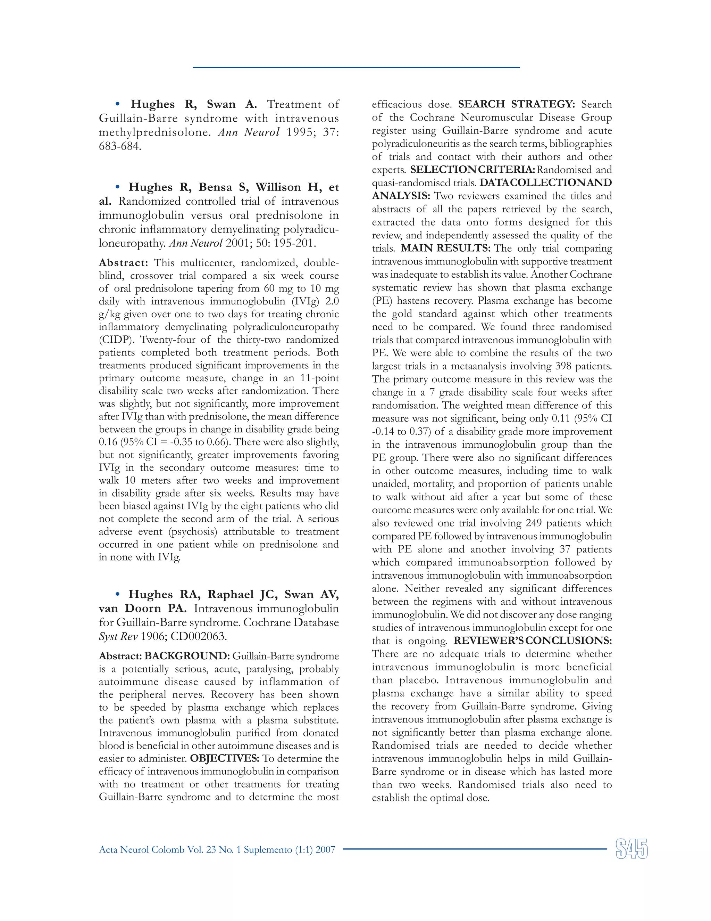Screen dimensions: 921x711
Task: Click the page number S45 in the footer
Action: tap(631, 849)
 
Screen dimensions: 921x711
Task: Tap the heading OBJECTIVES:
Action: tap(224, 759)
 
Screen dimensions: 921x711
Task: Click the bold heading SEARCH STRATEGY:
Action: tap(516, 104)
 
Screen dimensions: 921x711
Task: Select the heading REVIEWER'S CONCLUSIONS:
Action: tap(533, 641)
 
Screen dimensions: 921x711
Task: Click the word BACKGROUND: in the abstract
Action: tap(187, 656)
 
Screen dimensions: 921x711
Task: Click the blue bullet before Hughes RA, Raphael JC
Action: tap(118, 594)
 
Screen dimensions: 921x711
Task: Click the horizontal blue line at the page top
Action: tap(356, 67)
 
